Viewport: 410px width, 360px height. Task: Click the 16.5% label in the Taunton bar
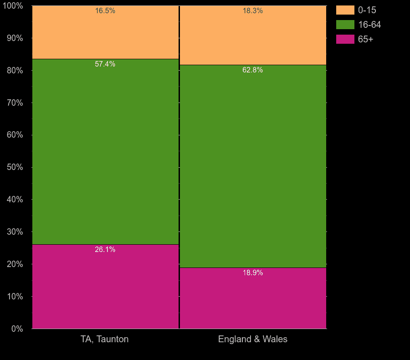(x=105, y=11)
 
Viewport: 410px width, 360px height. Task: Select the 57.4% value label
(x=105, y=64)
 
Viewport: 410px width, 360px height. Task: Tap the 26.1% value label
(x=105, y=250)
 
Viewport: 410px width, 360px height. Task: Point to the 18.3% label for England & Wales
(x=253, y=11)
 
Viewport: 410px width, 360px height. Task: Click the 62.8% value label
(x=253, y=70)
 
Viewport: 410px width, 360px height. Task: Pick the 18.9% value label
(x=253, y=273)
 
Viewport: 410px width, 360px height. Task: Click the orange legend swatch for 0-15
(x=345, y=10)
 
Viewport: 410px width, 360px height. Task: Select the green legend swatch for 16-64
(x=345, y=25)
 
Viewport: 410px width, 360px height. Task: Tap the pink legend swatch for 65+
(x=345, y=39)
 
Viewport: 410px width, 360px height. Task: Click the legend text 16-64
(x=369, y=25)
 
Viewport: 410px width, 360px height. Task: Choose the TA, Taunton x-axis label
(x=105, y=339)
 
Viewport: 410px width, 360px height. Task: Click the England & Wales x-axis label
(x=253, y=339)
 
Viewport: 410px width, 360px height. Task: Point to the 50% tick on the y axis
(x=15, y=167)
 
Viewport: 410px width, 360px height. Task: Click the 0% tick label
(x=17, y=329)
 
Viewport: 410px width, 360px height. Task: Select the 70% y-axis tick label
(x=15, y=103)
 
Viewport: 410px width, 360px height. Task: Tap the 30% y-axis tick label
(x=15, y=232)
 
